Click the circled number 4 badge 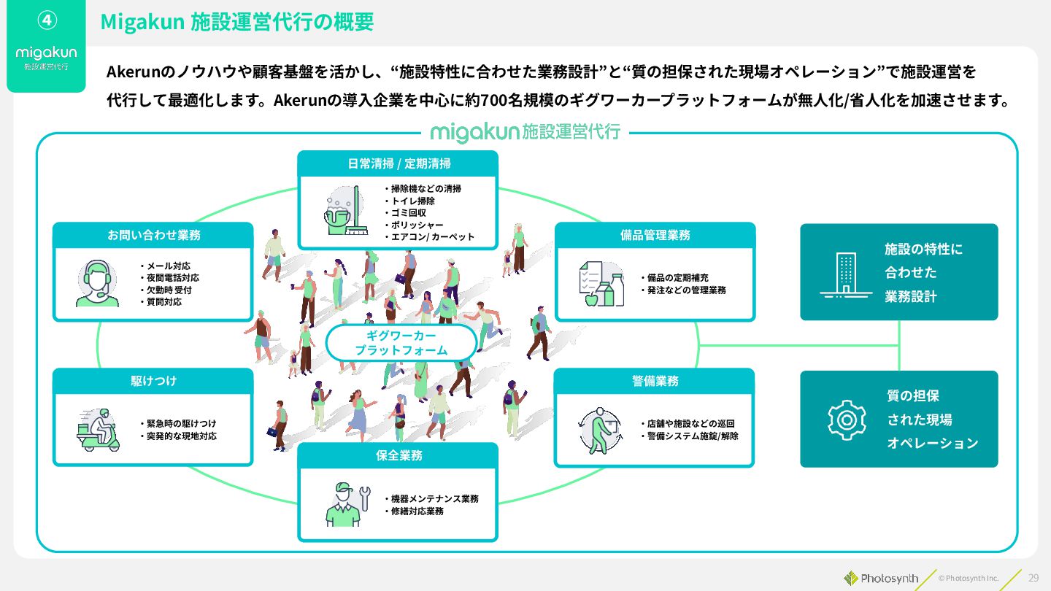click(46, 20)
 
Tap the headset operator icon click(97, 283)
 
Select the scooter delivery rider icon click(98, 430)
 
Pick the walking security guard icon click(600, 430)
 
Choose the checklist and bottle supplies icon click(601, 283)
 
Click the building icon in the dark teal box click(846, 274)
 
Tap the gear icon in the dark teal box click(846, 420)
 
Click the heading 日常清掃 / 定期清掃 click(399, 163)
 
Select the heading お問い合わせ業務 click(153, 235)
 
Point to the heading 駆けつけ click(153, 381)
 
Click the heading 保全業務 click(399, 455)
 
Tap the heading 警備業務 click(655, 381)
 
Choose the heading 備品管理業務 click(655, 235)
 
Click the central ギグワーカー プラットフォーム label click(401, 343)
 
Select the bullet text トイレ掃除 click(412, 201)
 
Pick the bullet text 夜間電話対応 click(172, 278)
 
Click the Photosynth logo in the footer click(881, 578)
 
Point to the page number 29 click(1033, 577)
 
